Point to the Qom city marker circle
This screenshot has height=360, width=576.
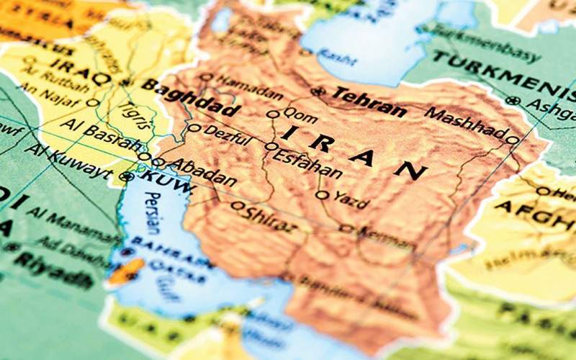click(x=272, y=114)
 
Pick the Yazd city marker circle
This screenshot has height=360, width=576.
click(x=322, y=194)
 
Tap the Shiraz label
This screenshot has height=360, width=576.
click(x=270, y=217)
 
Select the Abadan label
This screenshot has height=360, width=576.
click(x=202, y=171)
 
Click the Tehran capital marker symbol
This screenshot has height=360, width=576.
click(x=318, y=91)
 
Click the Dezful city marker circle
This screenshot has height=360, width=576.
click(x=194, y=128)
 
